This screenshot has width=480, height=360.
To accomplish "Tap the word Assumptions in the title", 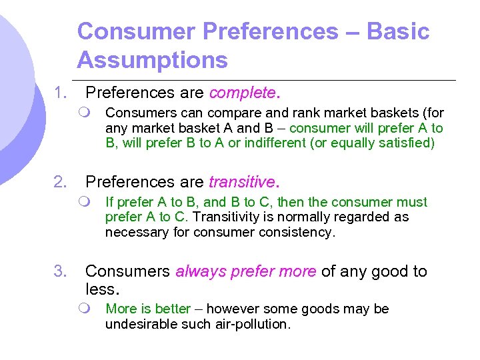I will click(x=152, y=61).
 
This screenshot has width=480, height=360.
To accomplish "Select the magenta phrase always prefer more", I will click(x=246, y=271).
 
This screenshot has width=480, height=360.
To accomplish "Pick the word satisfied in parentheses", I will click(x=407, y=143).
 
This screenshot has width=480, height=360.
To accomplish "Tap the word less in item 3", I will click(x=101, y=290).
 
